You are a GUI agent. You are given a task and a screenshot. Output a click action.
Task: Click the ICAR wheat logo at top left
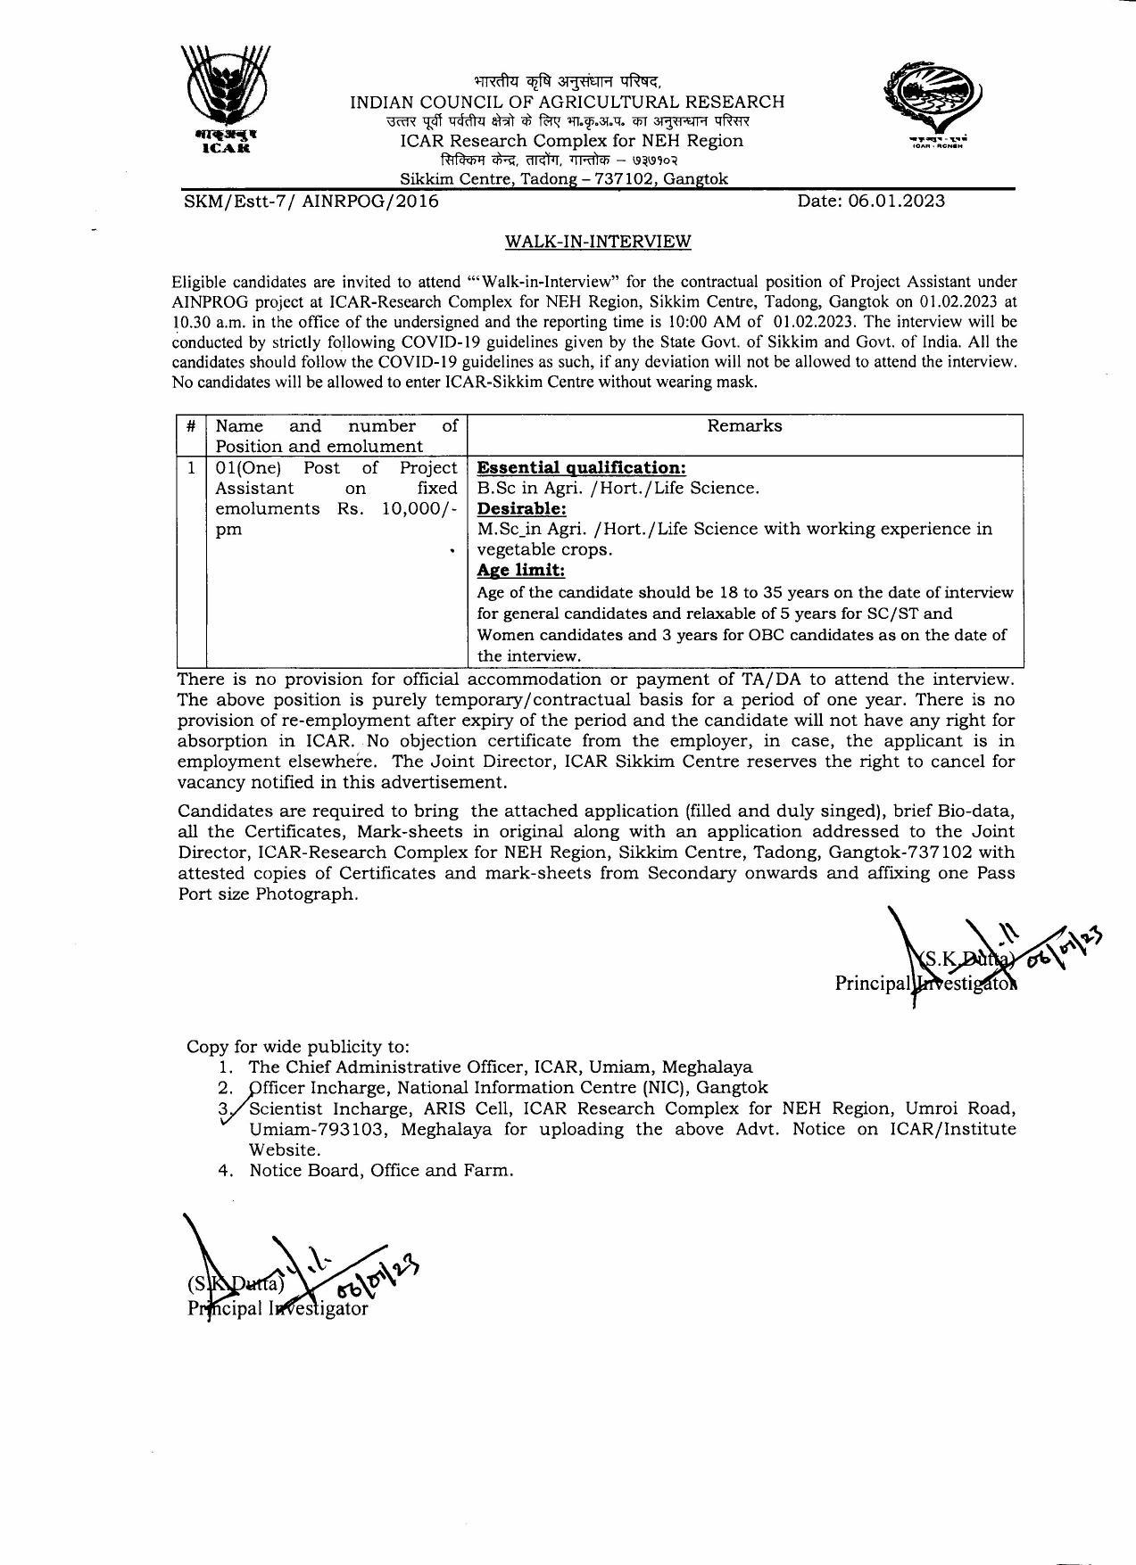[x=226, y=98]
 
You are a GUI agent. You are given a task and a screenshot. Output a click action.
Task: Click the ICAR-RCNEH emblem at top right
[x=931, y=101]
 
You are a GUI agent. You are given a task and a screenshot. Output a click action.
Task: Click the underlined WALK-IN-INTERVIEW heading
[x=598, y=242]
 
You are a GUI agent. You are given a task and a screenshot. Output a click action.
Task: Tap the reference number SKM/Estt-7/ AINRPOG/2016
[x=311, y=202]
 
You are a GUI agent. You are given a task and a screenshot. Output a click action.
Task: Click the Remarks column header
[x=744, y=426]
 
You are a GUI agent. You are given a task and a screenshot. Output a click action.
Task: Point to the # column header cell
[x=191, y=426]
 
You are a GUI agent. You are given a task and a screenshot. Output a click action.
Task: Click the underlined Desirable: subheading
[x=522, y=508]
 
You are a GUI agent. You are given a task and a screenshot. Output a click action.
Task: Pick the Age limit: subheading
[x=521, y=570]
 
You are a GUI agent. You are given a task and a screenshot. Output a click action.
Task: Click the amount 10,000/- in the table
[x=419, y=508]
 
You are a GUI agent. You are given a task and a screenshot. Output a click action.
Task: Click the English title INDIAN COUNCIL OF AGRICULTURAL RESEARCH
[x=567, y=103]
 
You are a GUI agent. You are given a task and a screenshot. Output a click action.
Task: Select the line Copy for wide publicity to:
[x=298, y=1046]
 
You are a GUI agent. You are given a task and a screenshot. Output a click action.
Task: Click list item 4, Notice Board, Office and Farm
[x=381, y=1170]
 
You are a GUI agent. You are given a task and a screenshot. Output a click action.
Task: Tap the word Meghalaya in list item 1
[x=709, y=1067]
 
